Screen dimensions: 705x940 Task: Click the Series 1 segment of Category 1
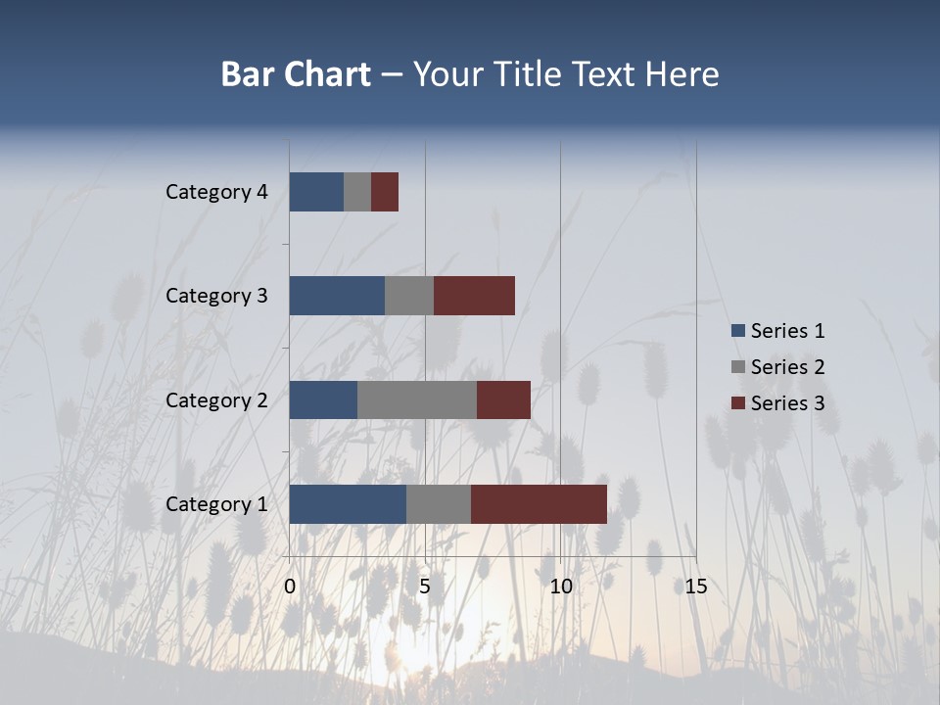pyautogui.click(x=348, y=504)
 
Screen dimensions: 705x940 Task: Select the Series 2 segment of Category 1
pyautogui.click(x=438, y=504)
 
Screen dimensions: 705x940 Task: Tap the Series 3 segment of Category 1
pyautogui.click(x=539, y=504)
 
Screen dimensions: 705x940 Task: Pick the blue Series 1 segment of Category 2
pyautogui.click(x=323, y=399)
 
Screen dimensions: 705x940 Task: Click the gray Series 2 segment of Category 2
pyautogui.click(x=416, y=399)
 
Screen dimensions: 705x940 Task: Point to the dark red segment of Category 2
pyautogui.click(x=503, y=399)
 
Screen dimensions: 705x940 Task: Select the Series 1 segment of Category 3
pyautogui.click(x=337, y=296)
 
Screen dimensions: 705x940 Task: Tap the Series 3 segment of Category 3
pyautogui.click(x=474, y=296)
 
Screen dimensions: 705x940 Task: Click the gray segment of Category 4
pyautogui.click(x=357, y=192)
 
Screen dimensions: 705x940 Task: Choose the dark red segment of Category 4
pyautogui.click(x=385, y=192)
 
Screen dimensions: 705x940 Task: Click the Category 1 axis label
pyautogui.click(x=216, y=504)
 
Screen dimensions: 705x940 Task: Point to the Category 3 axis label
pyautogui.click(x=216, y=296)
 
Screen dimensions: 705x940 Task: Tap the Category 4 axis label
pyautogui.click(x=216, y=192)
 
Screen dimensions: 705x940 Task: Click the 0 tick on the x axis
pyautogui.click(x=290, y=587)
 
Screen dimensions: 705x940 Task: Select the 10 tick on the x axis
pyautogui.click(x=560, y=587)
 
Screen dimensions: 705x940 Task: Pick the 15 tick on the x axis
pyautogui.click(x=695, y=587)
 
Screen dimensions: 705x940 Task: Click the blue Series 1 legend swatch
pyautogui.click(x=738, y=331)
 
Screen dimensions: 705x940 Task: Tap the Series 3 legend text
pyautogui.click(x=787, y=403)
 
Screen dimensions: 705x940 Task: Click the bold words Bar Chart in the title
pyautogui.click(x=296, y=74)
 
